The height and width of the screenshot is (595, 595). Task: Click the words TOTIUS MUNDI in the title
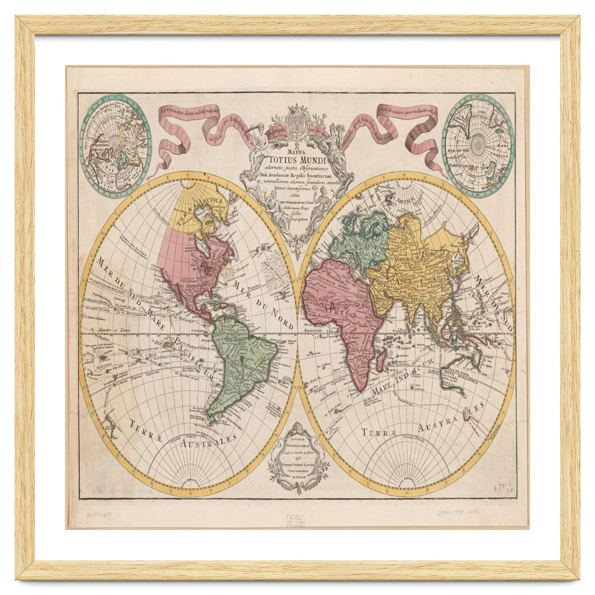(297, 160)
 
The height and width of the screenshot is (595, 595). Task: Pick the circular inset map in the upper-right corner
(478, 145)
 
